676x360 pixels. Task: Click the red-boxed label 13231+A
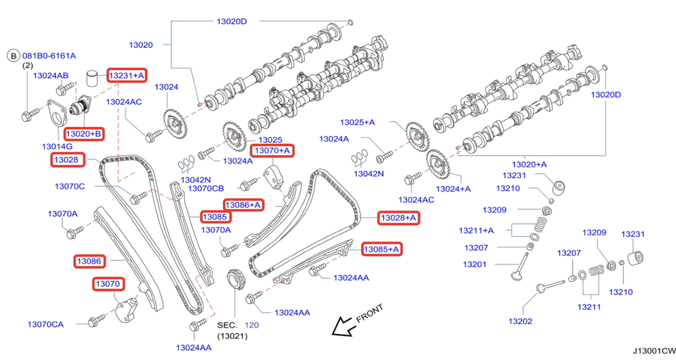coord(127,75)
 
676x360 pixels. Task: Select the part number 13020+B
coord(84,133)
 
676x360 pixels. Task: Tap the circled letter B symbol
coord(13,55)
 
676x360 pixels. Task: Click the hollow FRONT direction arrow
coord(344,325)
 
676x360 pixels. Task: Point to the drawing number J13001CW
coord(653,350)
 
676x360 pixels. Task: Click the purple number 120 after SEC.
coord(252,325)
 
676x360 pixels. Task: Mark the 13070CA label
coord(46,324)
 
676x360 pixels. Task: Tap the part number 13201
coord(476,264)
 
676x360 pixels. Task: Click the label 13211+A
coord(476,230)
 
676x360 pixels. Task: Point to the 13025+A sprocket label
coord(357,122)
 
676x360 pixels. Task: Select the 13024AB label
coord(51,75)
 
